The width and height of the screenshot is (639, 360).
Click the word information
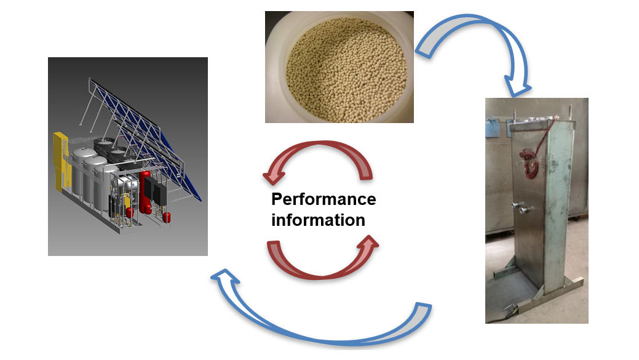coord(318,220)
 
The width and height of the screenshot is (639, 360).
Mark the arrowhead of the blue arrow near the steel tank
coord(517,86)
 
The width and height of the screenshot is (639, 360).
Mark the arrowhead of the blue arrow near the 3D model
coord(223,280)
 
